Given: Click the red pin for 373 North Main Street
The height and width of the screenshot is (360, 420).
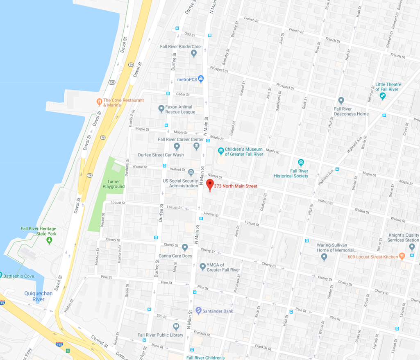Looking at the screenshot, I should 210,184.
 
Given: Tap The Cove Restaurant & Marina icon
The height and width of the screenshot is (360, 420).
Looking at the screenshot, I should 99,102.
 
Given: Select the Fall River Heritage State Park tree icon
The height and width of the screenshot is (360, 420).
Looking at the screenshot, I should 50,240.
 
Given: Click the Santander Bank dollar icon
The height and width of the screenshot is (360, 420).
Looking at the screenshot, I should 198,311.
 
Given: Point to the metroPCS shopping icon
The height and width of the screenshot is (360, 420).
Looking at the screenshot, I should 200,79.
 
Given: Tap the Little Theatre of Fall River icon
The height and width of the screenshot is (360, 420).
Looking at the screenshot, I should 383,96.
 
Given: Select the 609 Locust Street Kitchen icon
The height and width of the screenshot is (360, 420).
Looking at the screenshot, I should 402,256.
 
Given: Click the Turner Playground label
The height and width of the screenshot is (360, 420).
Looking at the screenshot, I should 114,184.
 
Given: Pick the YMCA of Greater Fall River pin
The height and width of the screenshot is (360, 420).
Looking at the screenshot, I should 202,267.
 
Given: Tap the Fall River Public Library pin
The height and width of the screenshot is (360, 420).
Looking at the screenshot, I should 176,326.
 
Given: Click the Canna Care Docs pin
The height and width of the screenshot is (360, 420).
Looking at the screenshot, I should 185,247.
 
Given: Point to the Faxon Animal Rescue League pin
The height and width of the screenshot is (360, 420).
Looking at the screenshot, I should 161,109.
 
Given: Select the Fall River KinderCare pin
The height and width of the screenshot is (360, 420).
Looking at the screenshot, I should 194,53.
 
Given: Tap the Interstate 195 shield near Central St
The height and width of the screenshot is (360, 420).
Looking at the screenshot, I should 59,345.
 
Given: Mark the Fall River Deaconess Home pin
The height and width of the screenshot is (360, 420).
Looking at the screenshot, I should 341,100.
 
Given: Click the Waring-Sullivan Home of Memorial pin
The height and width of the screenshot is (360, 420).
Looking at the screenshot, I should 324,257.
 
